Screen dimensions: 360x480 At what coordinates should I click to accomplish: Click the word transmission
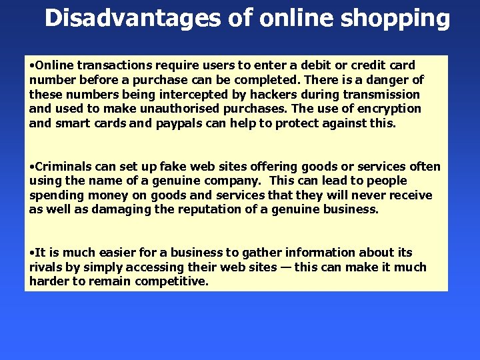(x=383, y=95)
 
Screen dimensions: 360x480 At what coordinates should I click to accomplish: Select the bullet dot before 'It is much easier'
(x=32, y=253)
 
